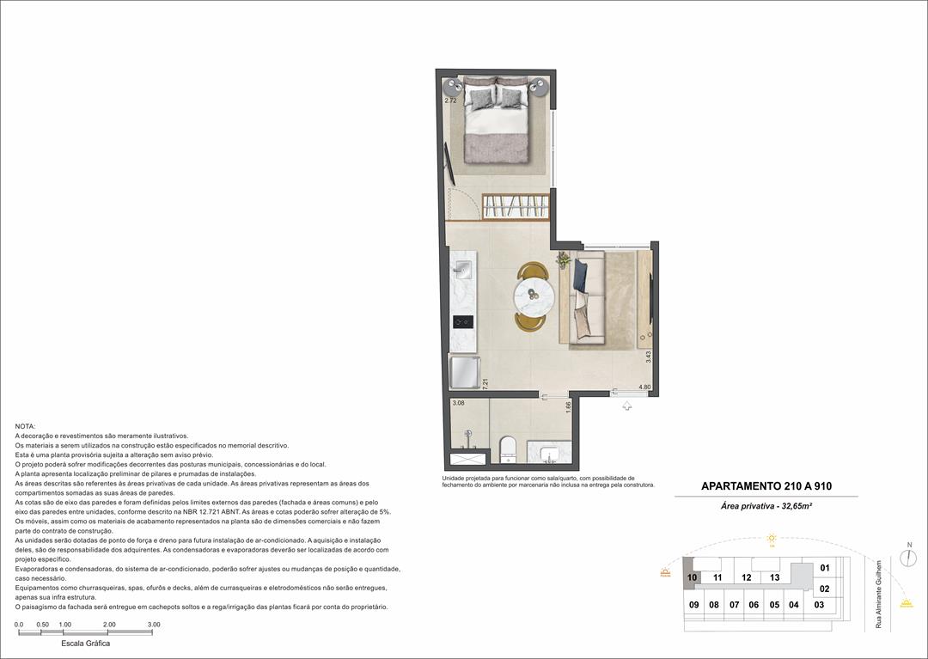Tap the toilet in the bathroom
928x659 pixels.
pos(507,448)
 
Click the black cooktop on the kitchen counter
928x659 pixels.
pos(462,322)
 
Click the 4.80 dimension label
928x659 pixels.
pos(644,387)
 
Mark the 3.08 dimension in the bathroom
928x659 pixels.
pos(458,403)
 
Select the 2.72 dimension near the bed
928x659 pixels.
pos(450,101)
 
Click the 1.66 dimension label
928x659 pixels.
pos(568,407)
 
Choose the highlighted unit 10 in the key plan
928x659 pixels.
pos(692,577)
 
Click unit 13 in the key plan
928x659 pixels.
pos(774,577)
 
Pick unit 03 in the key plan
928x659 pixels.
pos(819,605)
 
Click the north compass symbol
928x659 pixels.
pos(908,558)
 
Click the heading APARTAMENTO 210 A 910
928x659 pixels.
pos(766,486)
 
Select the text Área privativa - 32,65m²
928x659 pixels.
pos(766,507)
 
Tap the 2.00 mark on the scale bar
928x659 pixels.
pos(109,625)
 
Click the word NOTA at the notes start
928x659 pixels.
pos(26,426)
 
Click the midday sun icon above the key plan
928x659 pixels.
pos(772,539)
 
